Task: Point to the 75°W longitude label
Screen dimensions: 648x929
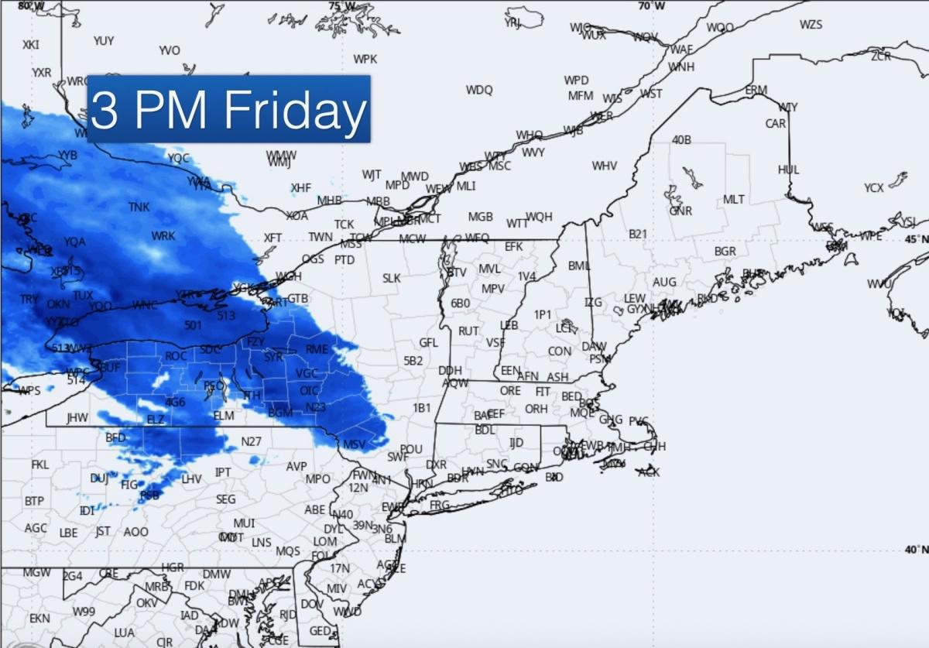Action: tap(341, 5)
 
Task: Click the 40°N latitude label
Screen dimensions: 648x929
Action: tap(916, 549)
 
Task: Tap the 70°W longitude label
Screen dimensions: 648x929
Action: tap(651, 5)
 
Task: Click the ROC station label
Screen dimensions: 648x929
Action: tap(176, 355)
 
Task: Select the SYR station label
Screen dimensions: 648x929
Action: tap(273, 357)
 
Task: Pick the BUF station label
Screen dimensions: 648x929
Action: tap(110, 366)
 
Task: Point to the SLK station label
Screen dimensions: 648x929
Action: tap(392, 278)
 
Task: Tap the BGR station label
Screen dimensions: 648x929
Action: tap(725, 252)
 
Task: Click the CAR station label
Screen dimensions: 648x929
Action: tap(775, 124)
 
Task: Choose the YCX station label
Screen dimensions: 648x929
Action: tap(874, 188)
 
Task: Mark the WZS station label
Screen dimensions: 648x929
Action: tap(811, 25)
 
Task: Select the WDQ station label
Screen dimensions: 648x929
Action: tap(479, 90)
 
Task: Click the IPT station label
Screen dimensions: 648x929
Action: tap(223, 472)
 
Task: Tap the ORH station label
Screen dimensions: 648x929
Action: tap(536, 409)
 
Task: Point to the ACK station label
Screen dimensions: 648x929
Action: tap(649, 471)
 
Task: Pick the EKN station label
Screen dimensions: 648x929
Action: tap(39, 619)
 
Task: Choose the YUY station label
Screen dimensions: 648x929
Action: tap(104, 40)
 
